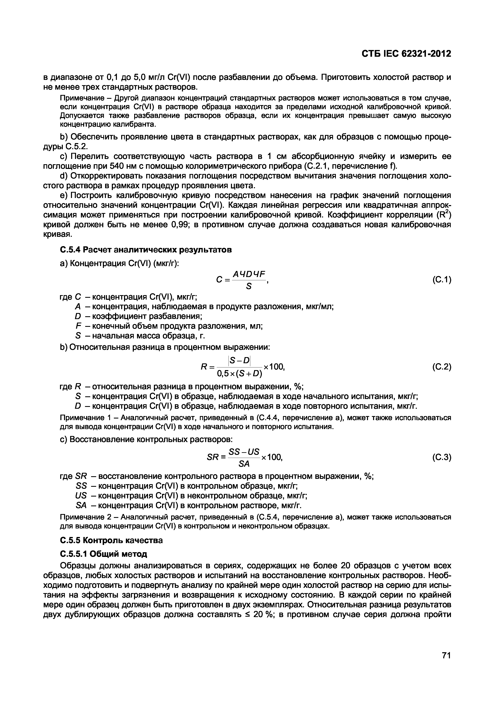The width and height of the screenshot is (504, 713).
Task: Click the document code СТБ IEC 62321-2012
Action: (x=406, y=54)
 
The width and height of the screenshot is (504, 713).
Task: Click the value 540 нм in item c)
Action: (x=121, y=166)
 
